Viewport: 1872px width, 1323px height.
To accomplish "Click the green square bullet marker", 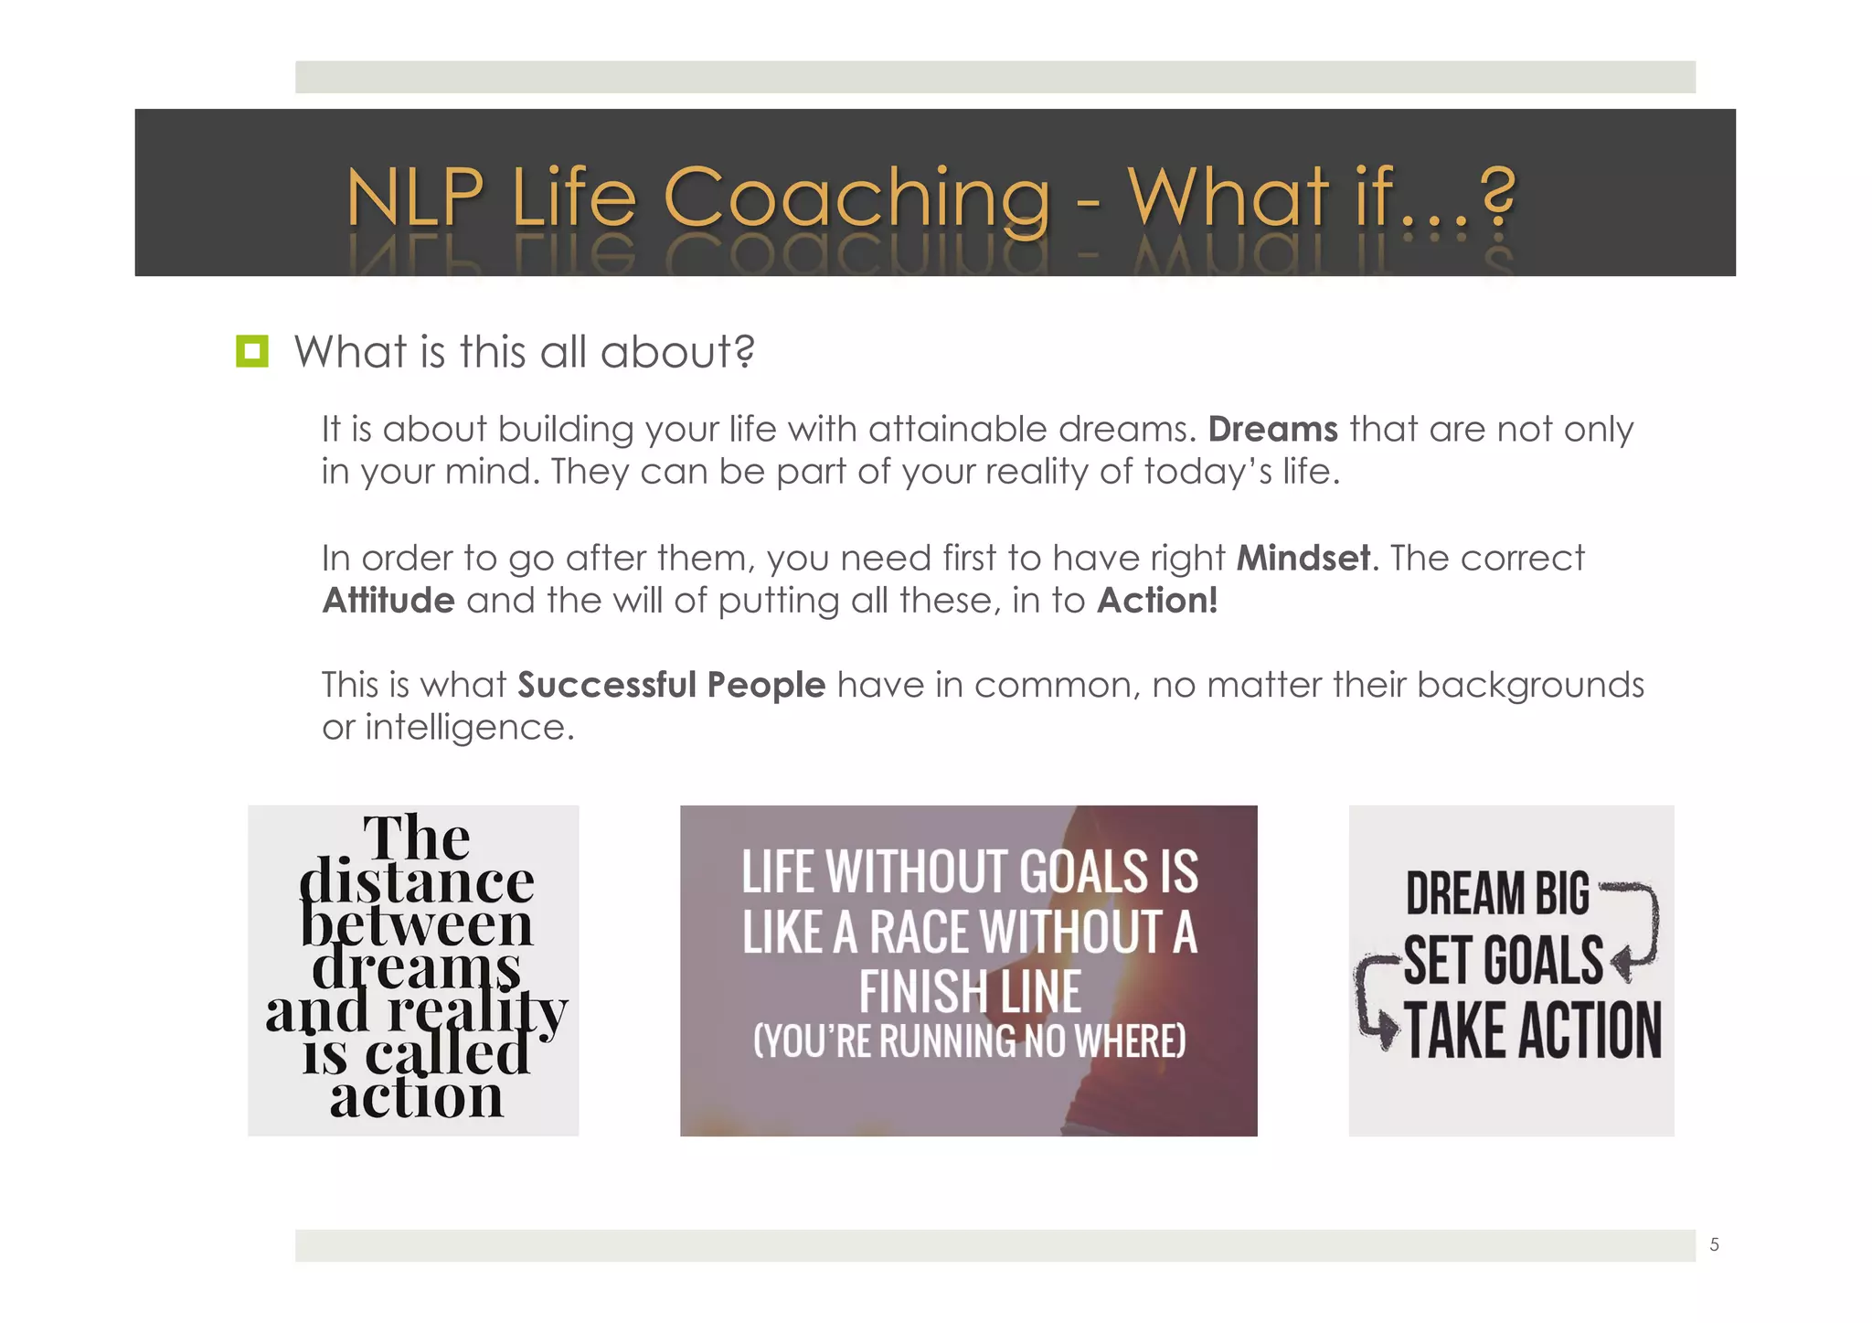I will point(252,352).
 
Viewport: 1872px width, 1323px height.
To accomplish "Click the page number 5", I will point(1714,1244).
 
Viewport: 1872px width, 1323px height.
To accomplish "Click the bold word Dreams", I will point(1272,429).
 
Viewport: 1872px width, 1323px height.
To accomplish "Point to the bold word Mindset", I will point(1303,558).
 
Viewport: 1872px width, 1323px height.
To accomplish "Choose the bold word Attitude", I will point(388,601).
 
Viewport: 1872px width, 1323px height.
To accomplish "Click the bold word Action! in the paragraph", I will point(1157,601).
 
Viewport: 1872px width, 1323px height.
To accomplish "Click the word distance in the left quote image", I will point(416,882).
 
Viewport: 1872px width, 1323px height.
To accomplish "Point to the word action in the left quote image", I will point(417,1097).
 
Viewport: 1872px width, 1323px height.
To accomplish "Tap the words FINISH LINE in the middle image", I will point(970,992).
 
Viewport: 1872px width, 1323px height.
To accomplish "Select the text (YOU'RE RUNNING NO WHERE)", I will point(969,1040).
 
